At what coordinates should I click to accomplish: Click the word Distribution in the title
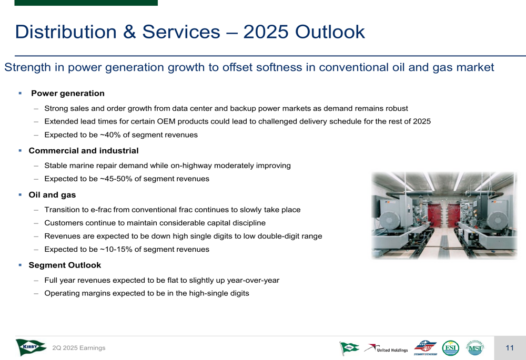click(66, 32)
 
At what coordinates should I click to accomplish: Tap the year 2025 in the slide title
click(266, 32)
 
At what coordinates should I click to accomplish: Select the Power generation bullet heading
click(68, 93)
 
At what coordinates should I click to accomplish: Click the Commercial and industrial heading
click(84, 150)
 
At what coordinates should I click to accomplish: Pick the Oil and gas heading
click(52, 195)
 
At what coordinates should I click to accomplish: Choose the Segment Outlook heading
click(65, 265)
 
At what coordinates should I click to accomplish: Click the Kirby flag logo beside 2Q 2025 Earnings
click(31, 347)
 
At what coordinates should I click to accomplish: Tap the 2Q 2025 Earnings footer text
click(79, 348)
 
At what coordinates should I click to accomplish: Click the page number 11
click(510, 348)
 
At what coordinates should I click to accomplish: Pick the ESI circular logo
click(451, 348)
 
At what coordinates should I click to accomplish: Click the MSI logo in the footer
click(474, 348)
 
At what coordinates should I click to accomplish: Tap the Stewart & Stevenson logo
click(425, 347)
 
